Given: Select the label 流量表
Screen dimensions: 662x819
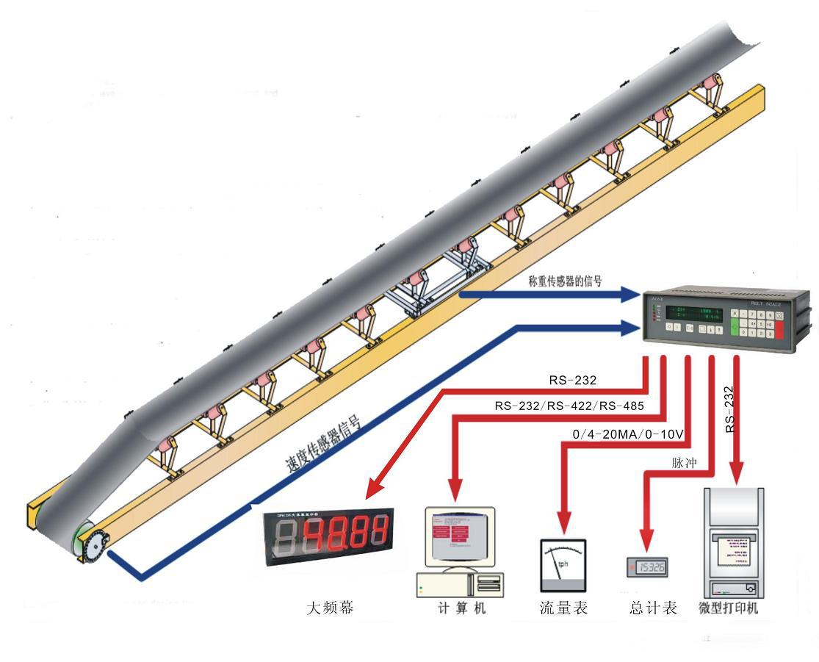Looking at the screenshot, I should pos(563,608).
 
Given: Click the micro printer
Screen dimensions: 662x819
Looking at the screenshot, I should pos(730,543).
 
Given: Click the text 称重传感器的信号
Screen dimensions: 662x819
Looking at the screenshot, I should pos(565,280).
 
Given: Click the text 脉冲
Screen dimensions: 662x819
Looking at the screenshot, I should pos(683,464).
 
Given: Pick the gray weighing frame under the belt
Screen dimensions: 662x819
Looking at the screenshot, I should pos(433,290).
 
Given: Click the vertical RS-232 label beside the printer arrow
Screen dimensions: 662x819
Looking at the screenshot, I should pos(729,409).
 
